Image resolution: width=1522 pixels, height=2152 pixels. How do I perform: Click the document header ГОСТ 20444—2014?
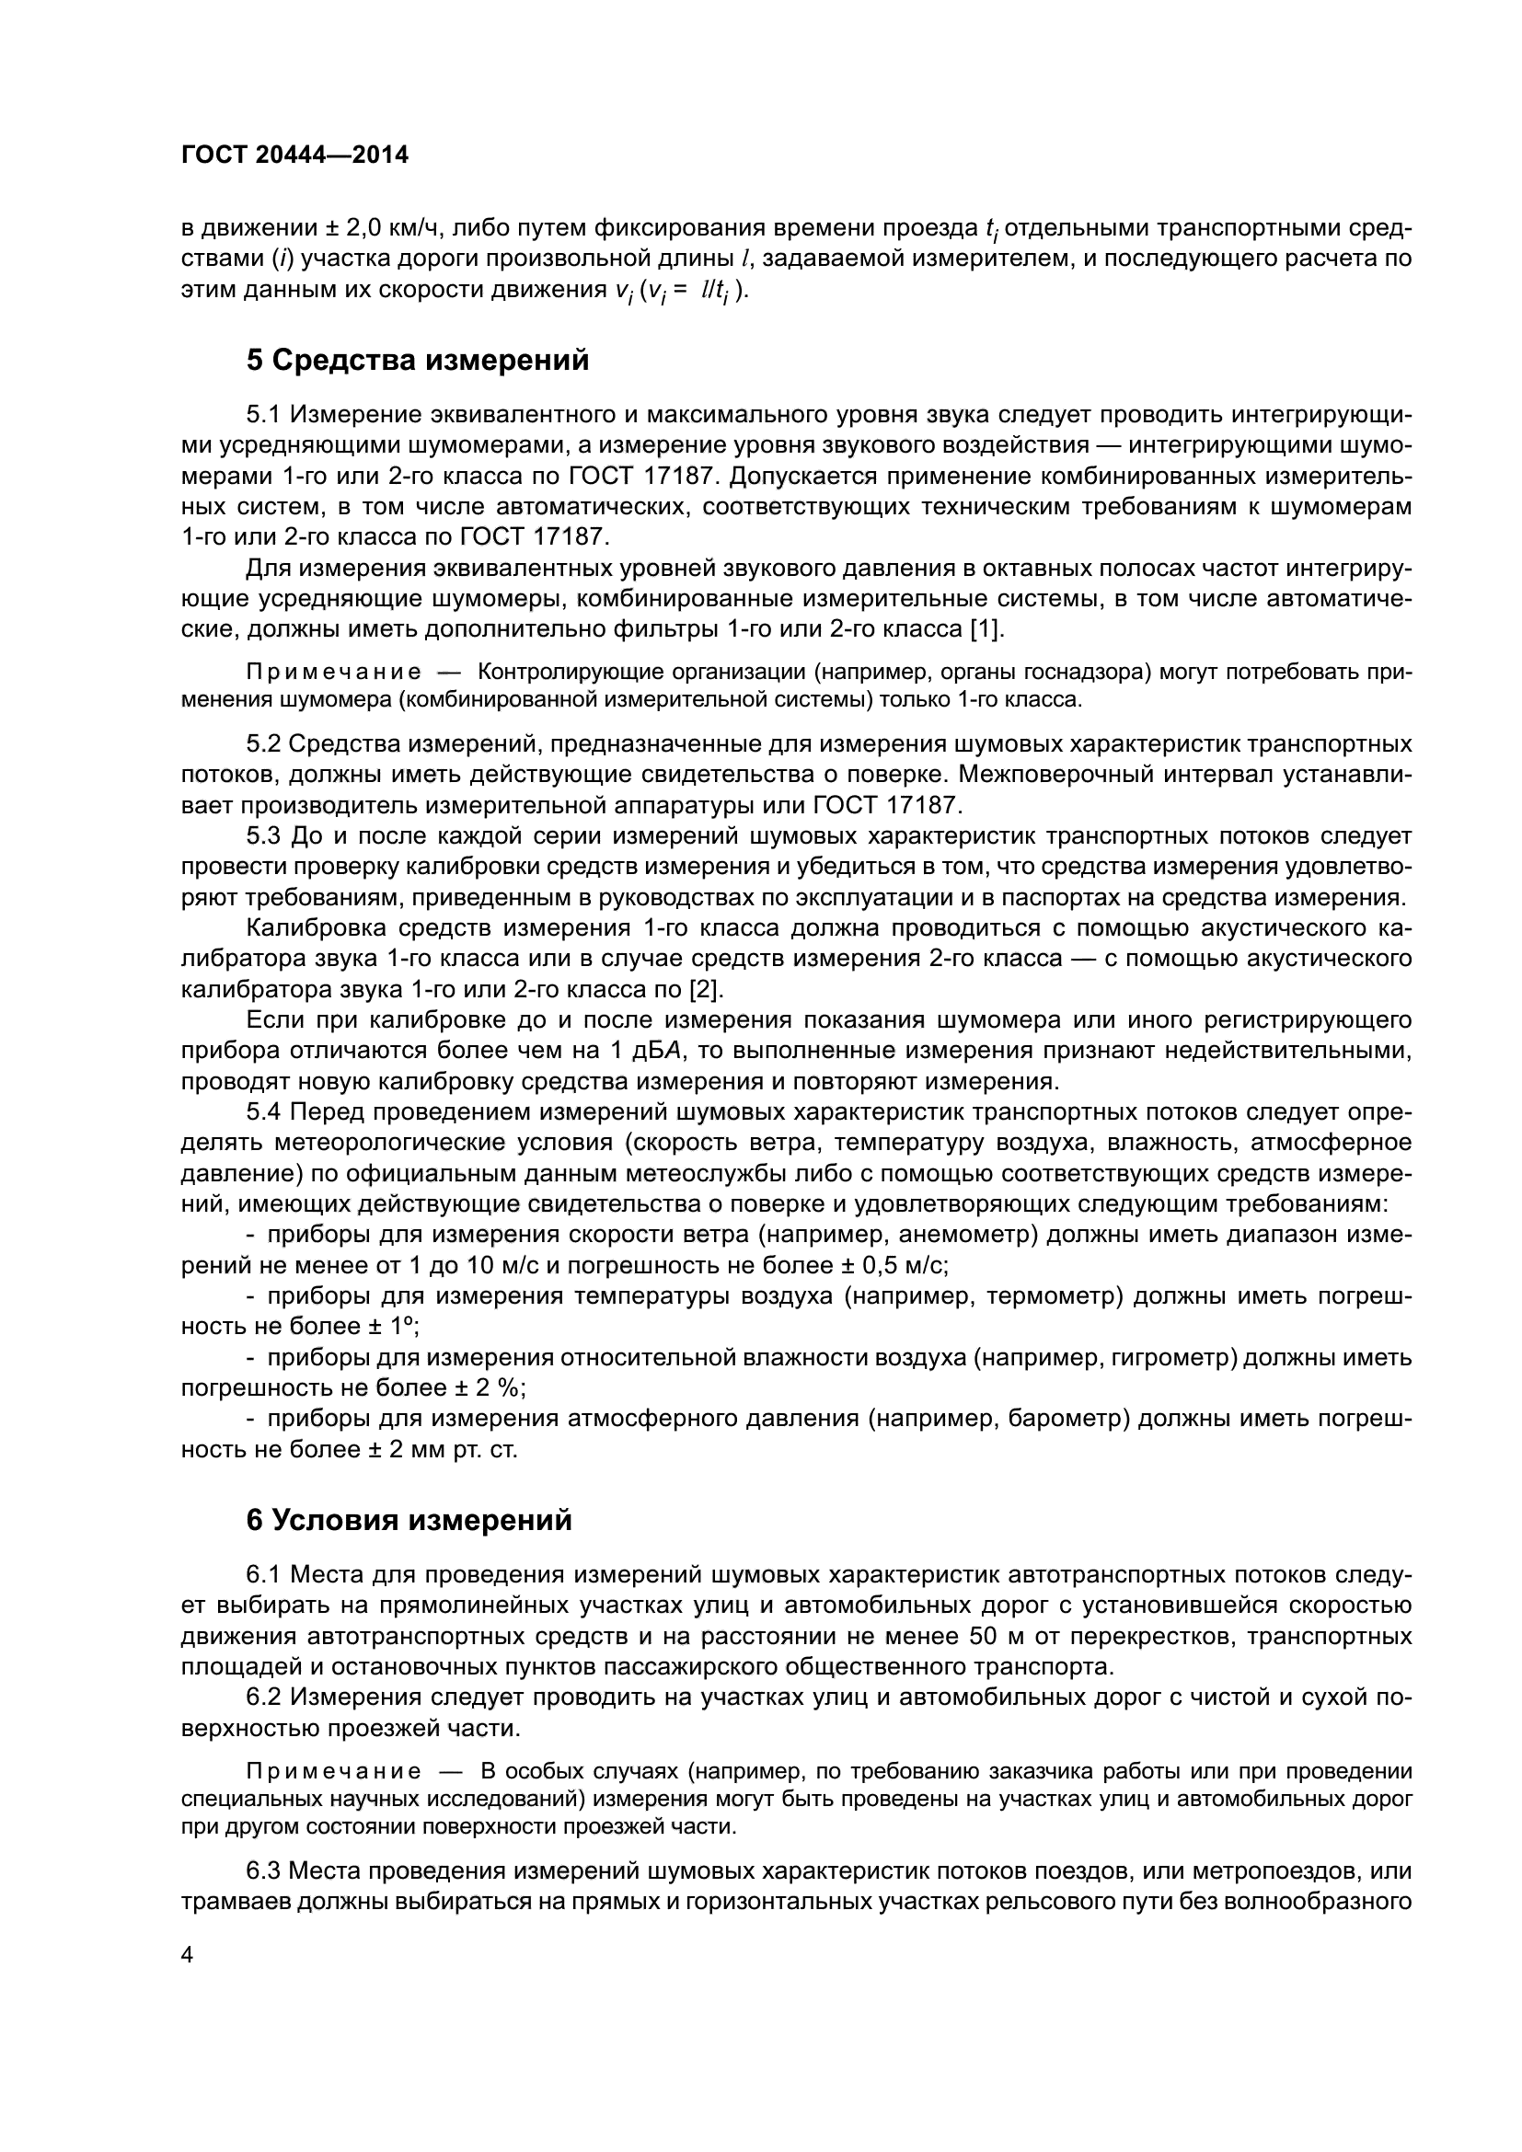pyautogui.click(x=294, y=155)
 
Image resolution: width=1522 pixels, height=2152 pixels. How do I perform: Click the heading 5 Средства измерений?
pyautogui.click(x=417, y=360)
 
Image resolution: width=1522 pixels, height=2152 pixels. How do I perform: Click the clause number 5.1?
pyautogui.click(x=263, y=414)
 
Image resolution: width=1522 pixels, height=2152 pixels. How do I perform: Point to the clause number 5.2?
pyautogui.click(x=263, y=743)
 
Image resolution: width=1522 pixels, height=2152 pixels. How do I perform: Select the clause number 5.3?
pyautogui.click(x=263, y=835)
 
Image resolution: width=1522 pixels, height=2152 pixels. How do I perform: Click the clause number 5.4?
pyautogui.click(x=263, y=1111)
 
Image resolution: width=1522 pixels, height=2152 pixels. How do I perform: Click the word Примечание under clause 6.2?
pyautogui.click(x=333, y=1771)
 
